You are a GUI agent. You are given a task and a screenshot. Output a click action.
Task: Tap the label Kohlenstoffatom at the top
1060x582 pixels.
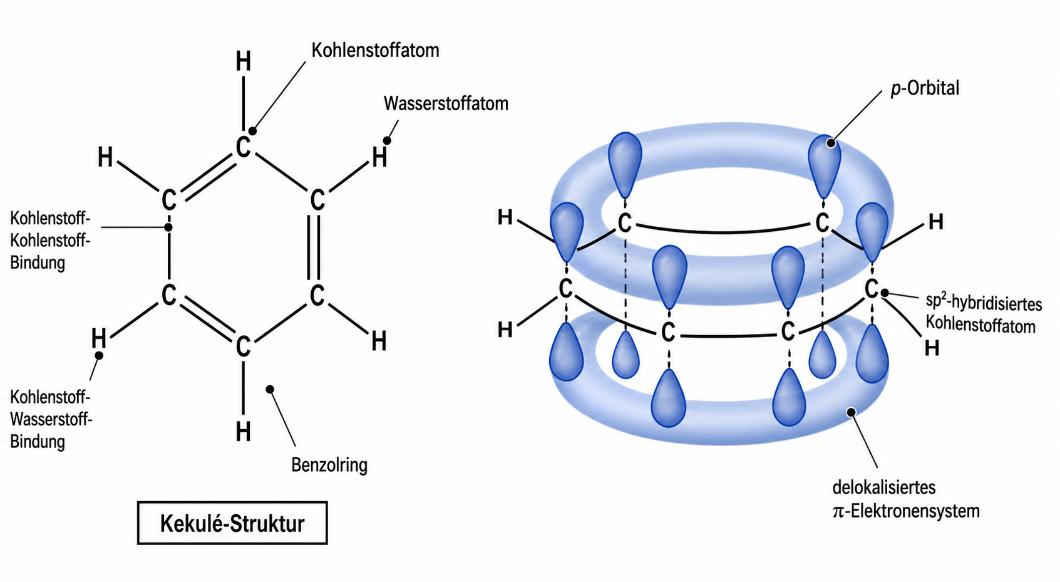[375, 50]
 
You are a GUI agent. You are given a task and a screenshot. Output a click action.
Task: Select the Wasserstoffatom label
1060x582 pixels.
[446, 103]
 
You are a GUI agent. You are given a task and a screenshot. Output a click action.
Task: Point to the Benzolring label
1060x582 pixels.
[329, 465]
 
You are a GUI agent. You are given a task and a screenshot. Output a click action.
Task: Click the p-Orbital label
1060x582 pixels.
[925, 88]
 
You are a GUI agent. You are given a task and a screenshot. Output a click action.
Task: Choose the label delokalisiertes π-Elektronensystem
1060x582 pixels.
[906, 499]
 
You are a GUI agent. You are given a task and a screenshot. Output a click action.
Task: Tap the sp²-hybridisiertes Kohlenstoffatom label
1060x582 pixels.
[984, 314]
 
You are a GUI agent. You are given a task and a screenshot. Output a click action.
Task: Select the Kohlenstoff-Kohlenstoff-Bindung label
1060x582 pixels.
[50, 241]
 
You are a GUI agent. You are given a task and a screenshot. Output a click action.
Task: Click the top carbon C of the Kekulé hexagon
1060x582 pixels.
[243, 147]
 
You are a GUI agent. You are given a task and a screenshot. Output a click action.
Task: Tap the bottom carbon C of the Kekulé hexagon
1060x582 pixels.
[243, 346]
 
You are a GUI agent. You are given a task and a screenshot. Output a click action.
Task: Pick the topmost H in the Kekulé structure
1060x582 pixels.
[243, 61]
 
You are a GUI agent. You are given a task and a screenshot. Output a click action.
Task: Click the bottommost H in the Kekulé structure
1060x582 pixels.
[243, 432]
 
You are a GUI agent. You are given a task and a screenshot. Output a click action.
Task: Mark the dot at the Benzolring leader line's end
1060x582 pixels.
[270, 389]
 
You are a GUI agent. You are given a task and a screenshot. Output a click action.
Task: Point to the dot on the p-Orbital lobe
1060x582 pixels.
[831, 143]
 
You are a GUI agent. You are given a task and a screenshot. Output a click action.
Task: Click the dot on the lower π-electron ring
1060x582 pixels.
[851, 412]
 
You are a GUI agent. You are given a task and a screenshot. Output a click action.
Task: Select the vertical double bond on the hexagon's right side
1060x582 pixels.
[313, 247]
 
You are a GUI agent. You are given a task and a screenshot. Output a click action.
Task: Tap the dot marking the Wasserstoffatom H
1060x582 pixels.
[387, 141]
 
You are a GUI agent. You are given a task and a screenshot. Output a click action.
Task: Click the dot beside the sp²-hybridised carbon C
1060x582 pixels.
[885, 294]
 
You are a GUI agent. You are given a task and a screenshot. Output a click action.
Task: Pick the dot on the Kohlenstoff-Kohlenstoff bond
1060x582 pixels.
[168, 227]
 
